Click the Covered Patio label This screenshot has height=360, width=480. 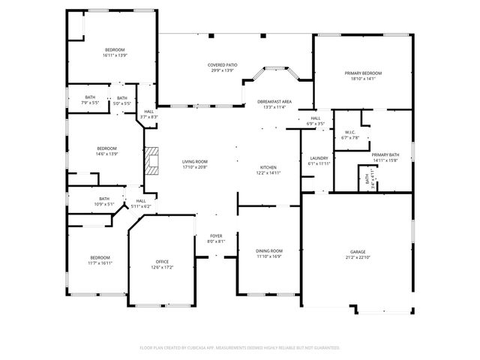pyautogui.click(x=223, y=65)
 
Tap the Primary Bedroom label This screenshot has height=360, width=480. pyautogui.click(x=363, y=73)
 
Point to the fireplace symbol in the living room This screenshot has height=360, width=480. pyautogui.click(x=153, y=160)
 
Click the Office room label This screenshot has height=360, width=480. pyautogui.click(x=162, y=262)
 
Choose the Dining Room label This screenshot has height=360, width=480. pyautogui.click(x=269, y=250)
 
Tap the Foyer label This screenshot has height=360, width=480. pyautogui.click(x=216, y=235)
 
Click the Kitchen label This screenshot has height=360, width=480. pyautogui.click(x=268, y=167)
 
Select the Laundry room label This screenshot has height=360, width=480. pyautogui.click(x=319, y=158)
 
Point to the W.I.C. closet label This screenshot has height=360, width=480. pyautogui.click(x=350, y=132)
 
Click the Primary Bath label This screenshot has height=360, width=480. pyautogui.click(x=385, y=154)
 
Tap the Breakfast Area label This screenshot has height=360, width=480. pyautogui.click(x=274, y=101)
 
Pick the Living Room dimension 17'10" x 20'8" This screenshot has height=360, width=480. pyautogui.click(x=195, y=167)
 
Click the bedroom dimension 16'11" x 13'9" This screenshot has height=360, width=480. pyautogui.click(x=115, y=55)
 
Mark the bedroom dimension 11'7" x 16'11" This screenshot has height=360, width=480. pyautogui.click(x=100, y=263)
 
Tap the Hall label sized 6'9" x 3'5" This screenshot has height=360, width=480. pyautogui.click(x=315, y=123)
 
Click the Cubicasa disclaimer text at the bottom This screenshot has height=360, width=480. pyautogui.click(x=240, y=348)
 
